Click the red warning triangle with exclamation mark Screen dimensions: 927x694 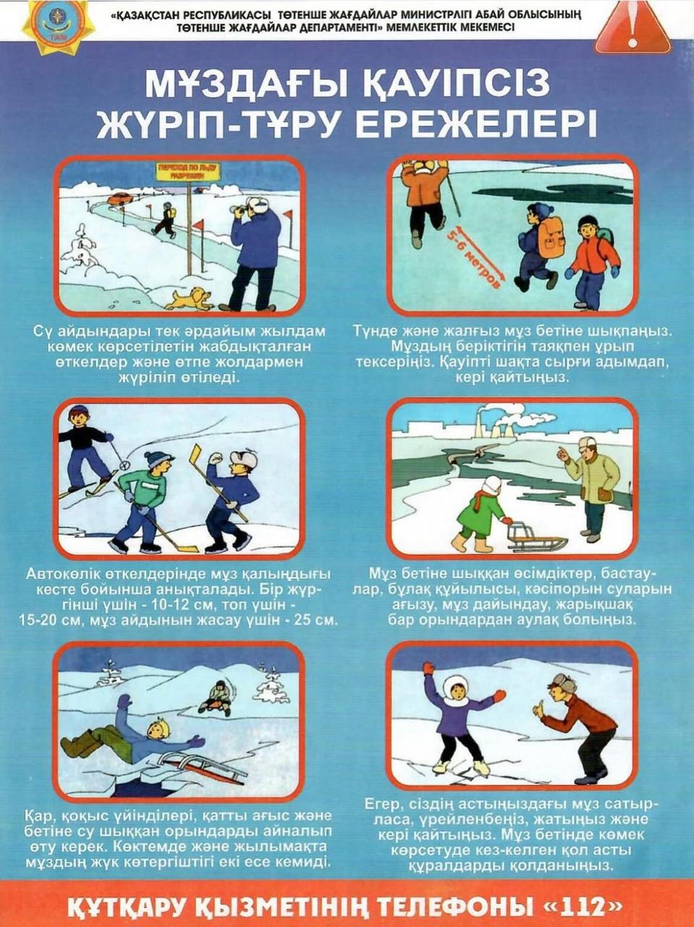tap(632, 28)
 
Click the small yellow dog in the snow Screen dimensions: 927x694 tap(189, 298)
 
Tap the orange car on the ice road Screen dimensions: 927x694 tap(120, 197)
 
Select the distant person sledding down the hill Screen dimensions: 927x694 tap(218, 698)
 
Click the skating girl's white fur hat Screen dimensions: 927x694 tap(455, 686)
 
